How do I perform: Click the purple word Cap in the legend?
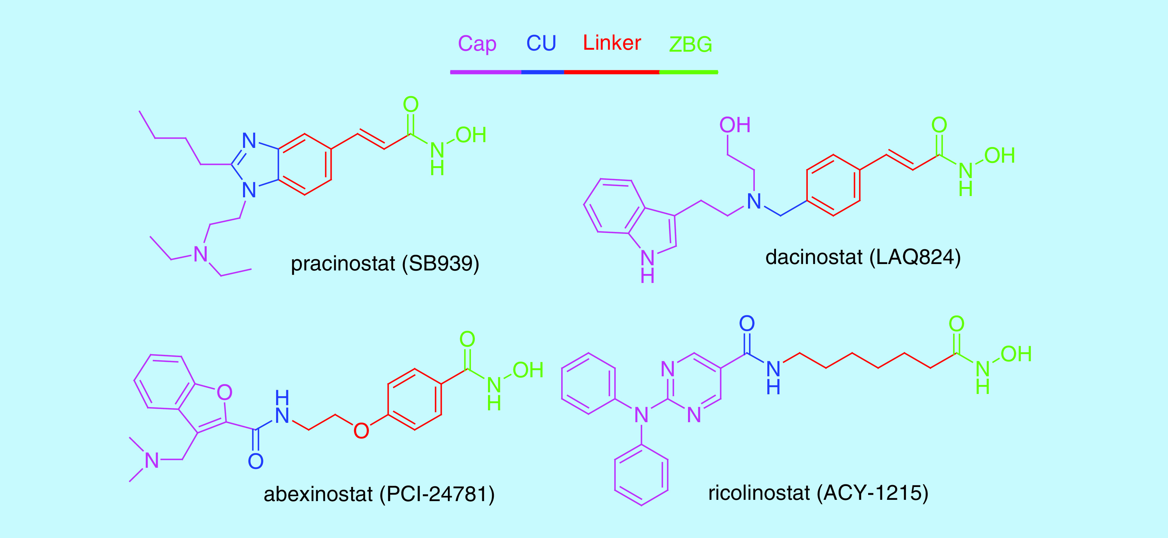coord(477,44)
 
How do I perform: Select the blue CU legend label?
coord(541,44)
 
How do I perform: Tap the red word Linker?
coord(612,43)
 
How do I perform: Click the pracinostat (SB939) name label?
coord(385,264)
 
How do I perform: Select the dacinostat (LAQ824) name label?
coord(863,257)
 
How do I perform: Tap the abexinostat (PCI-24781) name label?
coord(379,494)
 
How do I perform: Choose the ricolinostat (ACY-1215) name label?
coord(818,493)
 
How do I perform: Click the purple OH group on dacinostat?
coord(735,125)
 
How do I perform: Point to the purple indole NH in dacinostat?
coord(648,266)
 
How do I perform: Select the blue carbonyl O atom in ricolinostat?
coord(747,324)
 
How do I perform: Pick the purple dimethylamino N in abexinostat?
coord(152,460)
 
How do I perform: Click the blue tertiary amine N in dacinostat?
coord(754,201)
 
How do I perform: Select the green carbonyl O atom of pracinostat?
coord(411,105)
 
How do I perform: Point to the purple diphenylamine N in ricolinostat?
coord(641,415)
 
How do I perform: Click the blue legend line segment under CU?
coord(542,72)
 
